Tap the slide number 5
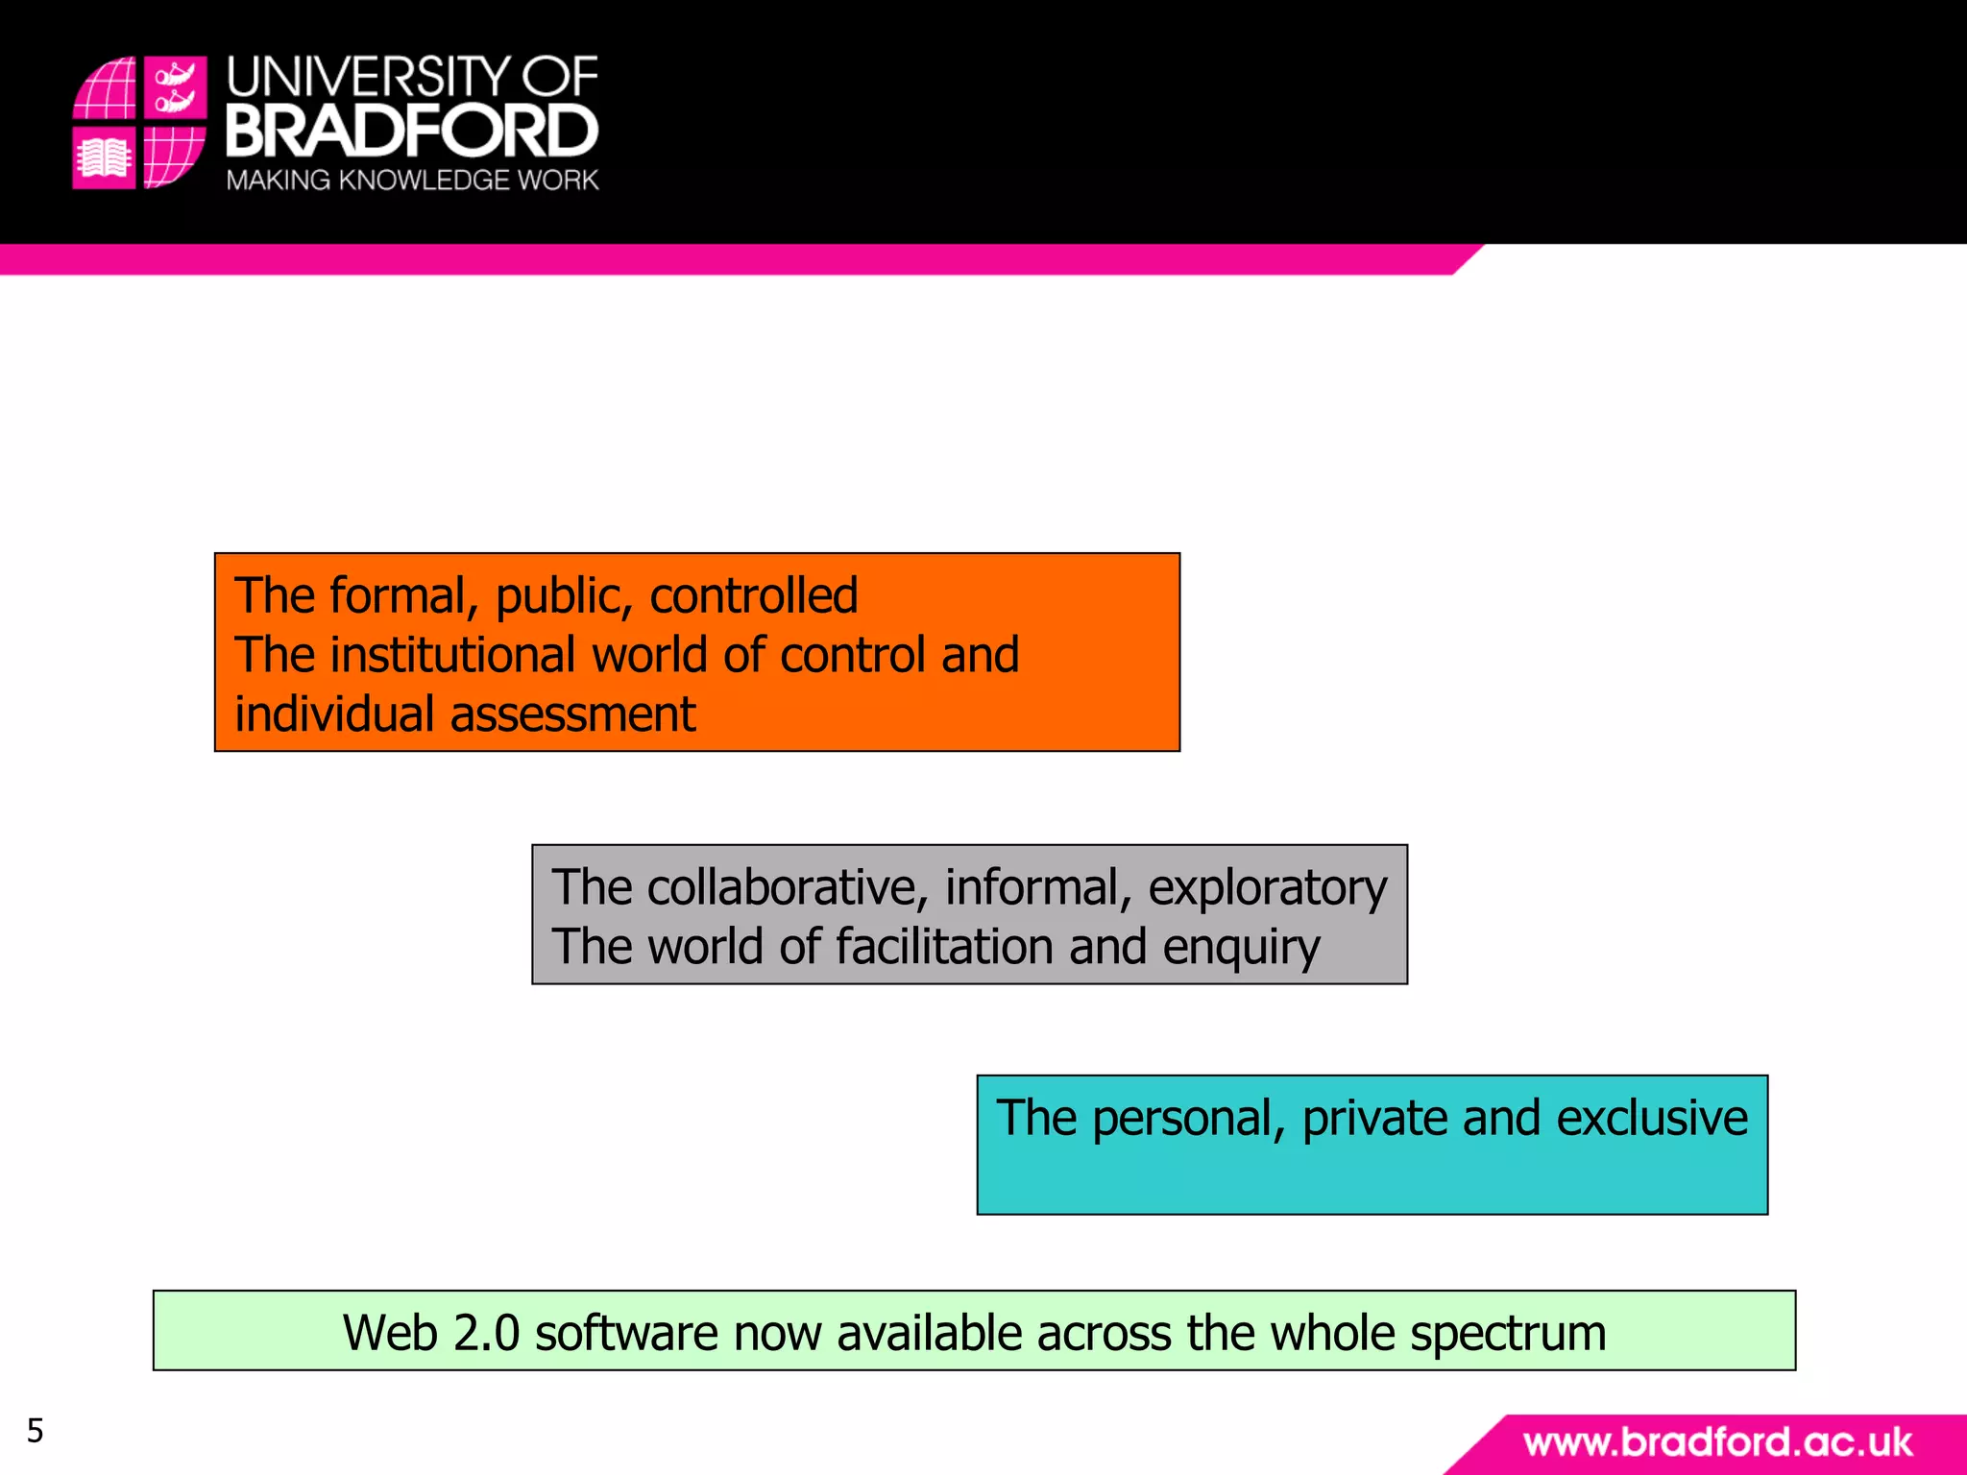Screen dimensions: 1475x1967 [36, 1431]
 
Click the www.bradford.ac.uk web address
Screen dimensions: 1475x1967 [1717, 1442]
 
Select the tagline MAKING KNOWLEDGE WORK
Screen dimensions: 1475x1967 [412, 181]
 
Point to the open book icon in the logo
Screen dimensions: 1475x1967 [104, 158]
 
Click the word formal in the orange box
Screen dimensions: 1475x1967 [398, 595]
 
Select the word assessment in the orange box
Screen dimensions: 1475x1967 [572, 714]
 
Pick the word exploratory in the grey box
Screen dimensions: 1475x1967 [1268, 888]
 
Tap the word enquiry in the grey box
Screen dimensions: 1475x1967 [1241, 949]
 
